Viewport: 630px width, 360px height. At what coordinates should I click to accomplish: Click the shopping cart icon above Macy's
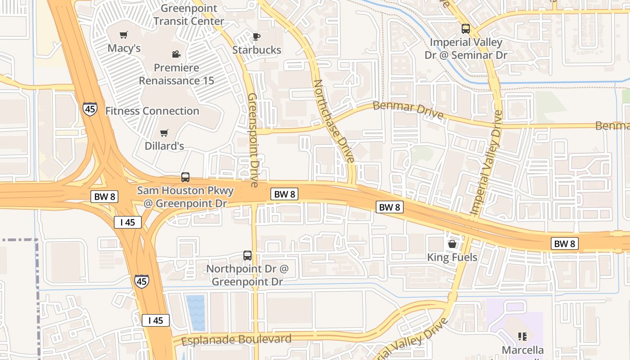123,35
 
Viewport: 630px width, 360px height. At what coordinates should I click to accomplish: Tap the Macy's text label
124,48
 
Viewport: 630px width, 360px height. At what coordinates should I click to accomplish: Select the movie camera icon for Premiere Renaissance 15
176,54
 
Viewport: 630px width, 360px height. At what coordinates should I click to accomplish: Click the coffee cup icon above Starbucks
256,36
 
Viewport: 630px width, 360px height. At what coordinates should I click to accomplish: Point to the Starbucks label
256,50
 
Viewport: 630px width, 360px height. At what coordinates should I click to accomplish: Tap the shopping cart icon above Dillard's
164,133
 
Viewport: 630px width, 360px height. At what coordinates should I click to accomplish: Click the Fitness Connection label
152,111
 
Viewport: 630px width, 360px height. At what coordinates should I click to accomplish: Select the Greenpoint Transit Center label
189,15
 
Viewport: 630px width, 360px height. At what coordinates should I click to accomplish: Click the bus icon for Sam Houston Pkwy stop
185,177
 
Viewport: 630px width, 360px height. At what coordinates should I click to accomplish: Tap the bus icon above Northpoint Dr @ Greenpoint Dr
247,256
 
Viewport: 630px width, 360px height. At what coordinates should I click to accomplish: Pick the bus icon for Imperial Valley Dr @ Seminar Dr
466,29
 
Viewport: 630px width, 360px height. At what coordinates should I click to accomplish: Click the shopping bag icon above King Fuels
452,244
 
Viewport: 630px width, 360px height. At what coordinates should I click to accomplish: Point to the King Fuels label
452,257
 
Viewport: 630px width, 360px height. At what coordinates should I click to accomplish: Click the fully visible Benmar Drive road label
408,110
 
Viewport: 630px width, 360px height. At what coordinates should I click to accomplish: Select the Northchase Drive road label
333,121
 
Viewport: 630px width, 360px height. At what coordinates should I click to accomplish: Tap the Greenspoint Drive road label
253,140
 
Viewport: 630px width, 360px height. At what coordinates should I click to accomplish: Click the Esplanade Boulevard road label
236,340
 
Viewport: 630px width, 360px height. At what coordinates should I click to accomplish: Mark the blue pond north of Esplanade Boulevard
195,313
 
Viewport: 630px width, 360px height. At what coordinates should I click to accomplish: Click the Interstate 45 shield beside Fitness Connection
90,109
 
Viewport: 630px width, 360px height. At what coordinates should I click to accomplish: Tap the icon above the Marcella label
522,336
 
